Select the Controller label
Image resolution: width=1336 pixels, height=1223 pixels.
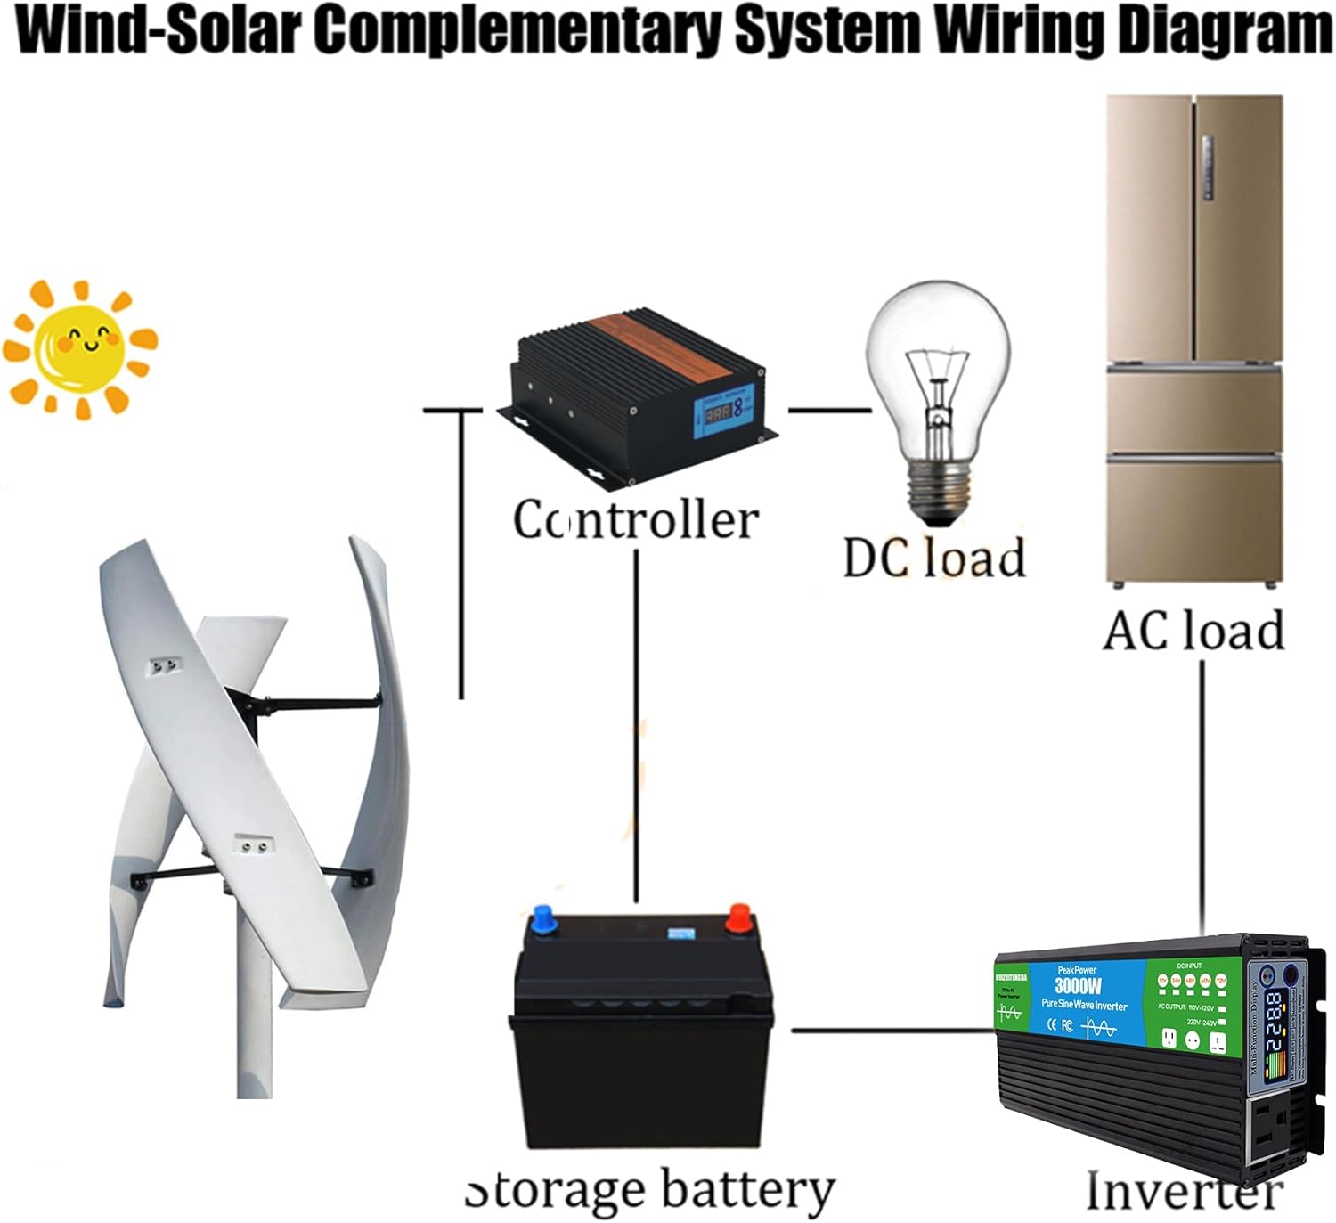point(635,519)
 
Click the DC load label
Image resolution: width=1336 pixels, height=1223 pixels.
point(933,559)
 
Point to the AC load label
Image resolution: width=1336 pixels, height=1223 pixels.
point(1193,631)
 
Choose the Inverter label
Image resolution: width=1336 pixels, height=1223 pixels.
point(1184,1189)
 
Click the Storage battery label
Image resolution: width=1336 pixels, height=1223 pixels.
point(650,1190)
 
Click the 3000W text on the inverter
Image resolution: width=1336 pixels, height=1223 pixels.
point(1078,985)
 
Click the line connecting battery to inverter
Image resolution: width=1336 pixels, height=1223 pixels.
point(891,1031)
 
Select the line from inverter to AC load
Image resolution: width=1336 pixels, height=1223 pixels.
point(1202,793)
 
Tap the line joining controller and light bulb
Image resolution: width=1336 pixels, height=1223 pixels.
point(828,411)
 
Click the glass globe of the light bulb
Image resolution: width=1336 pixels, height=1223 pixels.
point(938,356)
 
